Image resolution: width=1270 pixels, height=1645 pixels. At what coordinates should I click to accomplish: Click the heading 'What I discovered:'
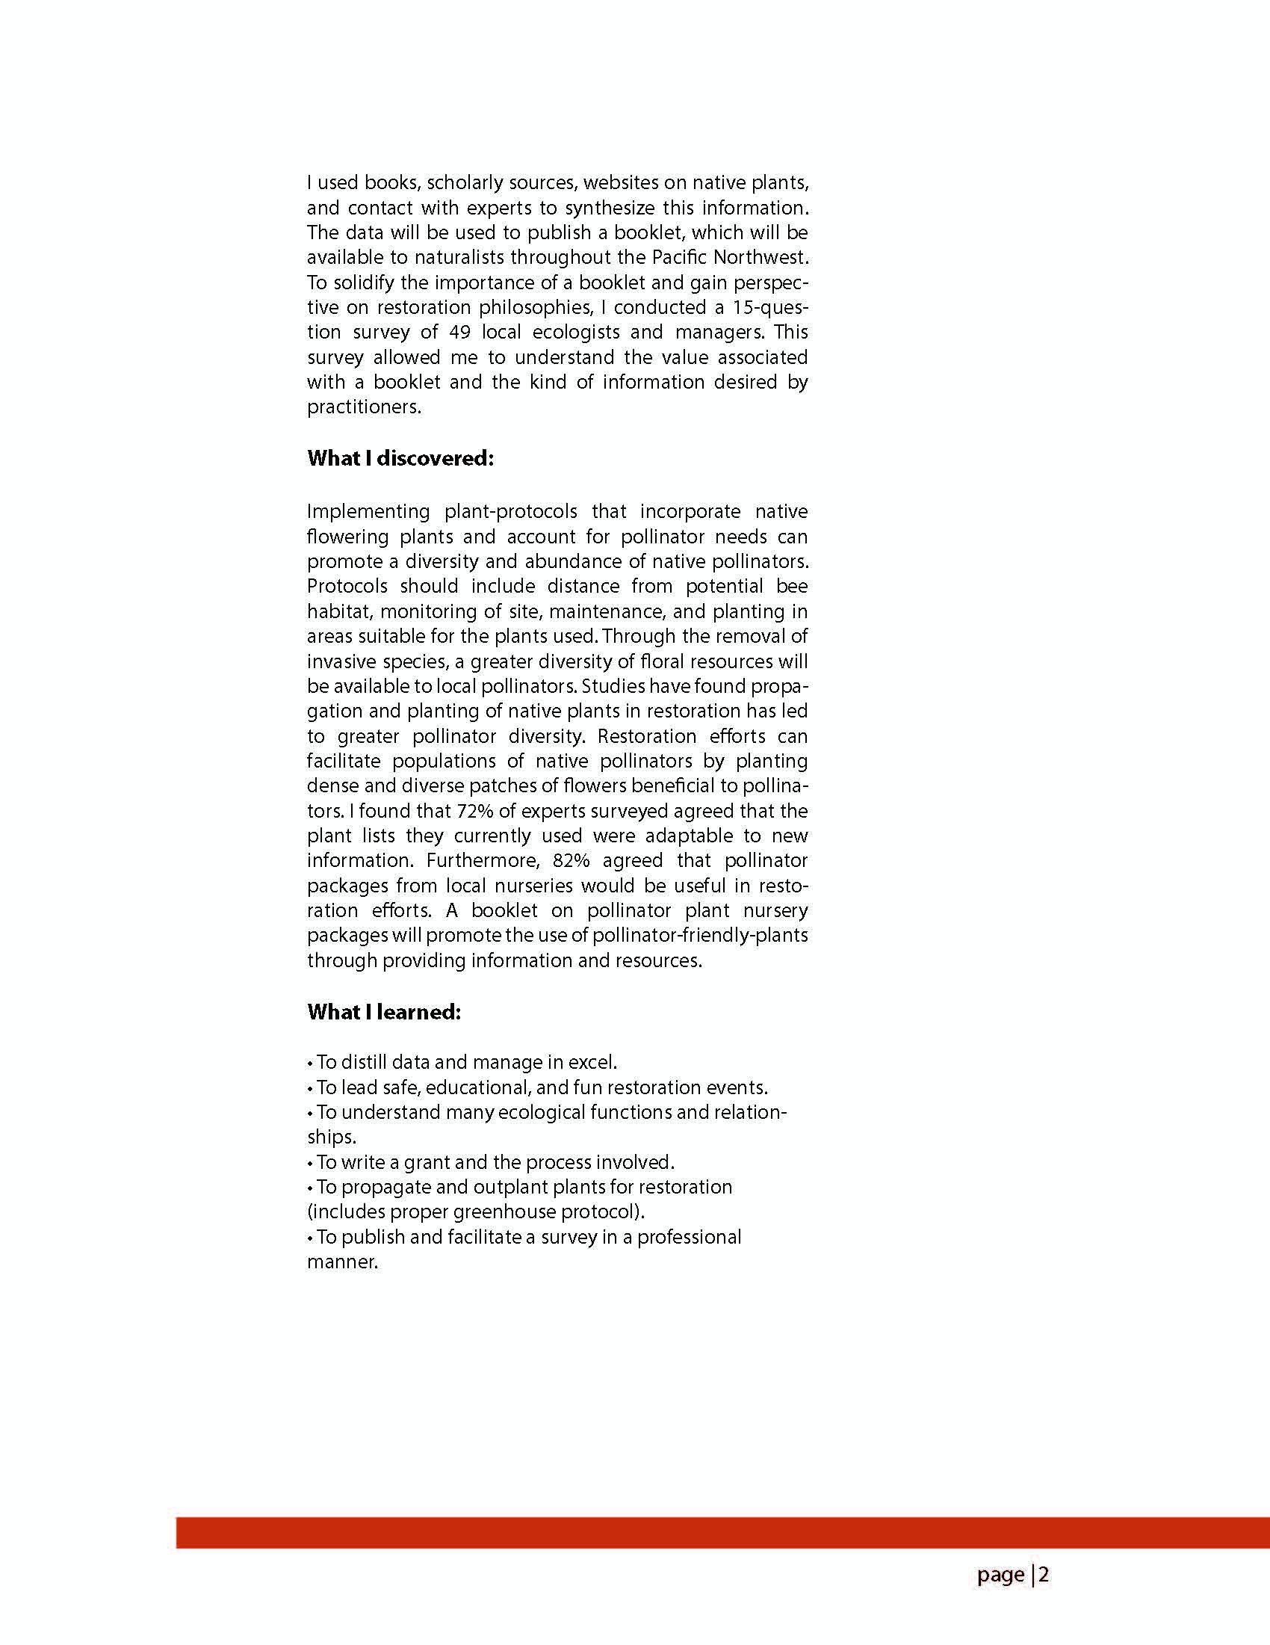(x=400, y=459)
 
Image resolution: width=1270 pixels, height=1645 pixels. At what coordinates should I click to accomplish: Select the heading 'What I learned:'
(x=383, y=1011)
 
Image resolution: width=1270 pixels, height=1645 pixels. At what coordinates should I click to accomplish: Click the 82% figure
(x=571, y=861)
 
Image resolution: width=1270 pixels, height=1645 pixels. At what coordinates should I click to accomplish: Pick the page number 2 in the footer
(x=1044, y=1575)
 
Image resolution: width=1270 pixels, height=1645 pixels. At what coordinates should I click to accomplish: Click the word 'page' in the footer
(x=1000, y=1575)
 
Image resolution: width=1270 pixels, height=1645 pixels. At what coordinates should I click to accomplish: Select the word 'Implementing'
(x=368, y=512)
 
